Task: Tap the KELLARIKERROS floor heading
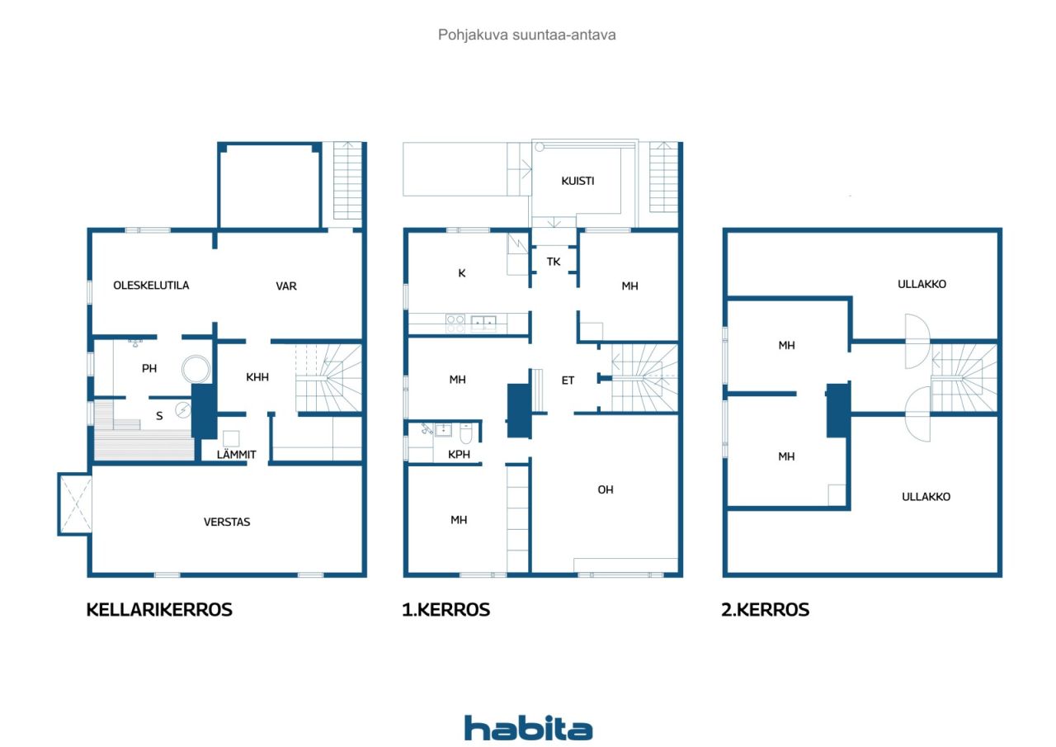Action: pos(159,610)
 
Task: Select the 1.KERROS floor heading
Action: pos(446,610)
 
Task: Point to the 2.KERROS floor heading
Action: pos(765,610)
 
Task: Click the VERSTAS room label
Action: pos(227,522)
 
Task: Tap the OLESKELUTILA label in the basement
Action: pos(151,286)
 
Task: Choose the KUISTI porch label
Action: pos(577,181)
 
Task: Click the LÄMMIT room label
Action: pos(236,454)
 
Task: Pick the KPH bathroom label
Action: pos(459,454)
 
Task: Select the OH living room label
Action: pos(606,489)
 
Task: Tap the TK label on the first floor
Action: pos(554,262)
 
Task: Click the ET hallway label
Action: pos(568,380)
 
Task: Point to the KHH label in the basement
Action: pos(257,376)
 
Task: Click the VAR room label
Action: pos(286,286)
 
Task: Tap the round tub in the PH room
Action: pos(196,369)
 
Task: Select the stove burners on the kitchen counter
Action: pos(455,324)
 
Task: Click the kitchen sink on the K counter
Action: pos(483,323)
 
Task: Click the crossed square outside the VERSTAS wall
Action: pos(75,504)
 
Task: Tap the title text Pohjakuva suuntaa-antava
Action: pos(526,35)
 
